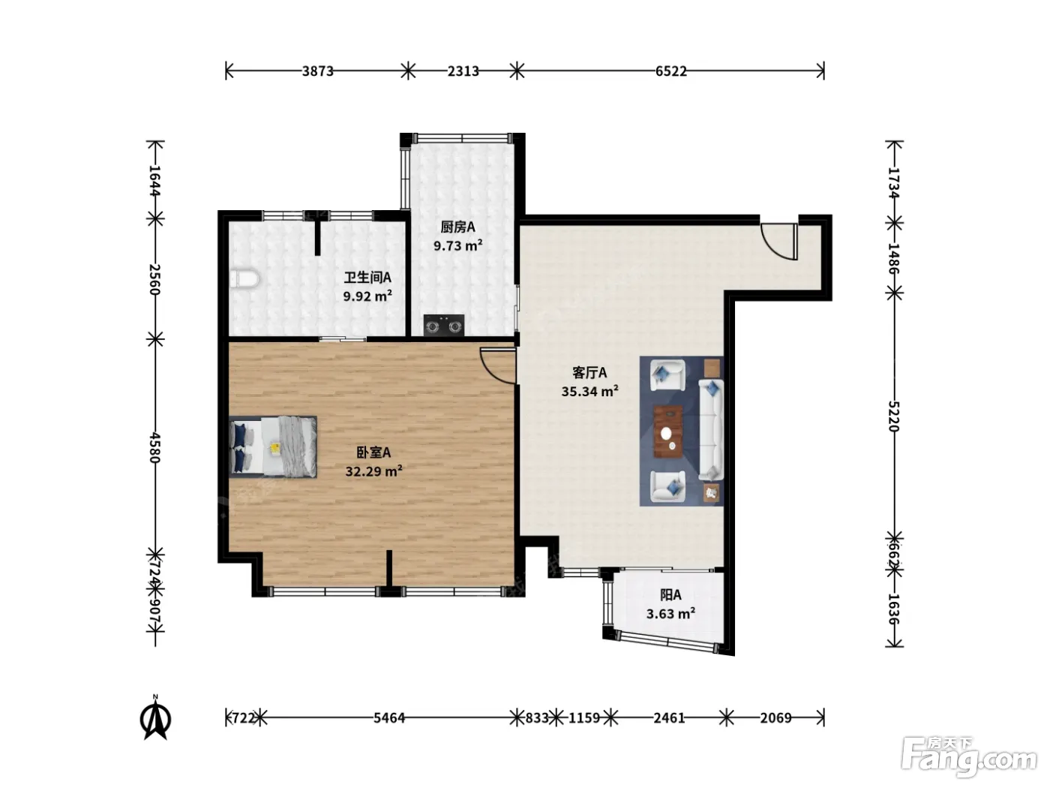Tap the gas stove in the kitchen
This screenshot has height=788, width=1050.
[x=443, y=326]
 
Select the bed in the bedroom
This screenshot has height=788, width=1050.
[x=273, y=447]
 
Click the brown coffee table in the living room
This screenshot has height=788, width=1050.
[x=667, y=431]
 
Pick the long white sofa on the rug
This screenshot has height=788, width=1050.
[x=711, y=429]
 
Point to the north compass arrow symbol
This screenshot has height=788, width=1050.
[x=155, y=718]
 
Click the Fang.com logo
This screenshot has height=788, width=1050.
[x=969, y=757]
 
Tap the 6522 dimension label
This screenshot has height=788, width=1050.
[x=670, y=71]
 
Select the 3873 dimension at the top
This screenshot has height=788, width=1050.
[x=318, y=71]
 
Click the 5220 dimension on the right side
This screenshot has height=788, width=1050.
[x=893, y=416]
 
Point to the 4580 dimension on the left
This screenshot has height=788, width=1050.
[x=154, y=447]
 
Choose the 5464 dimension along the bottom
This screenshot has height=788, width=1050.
[x=389, y=717]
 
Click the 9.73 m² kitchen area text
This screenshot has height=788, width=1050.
[x=457, y=245]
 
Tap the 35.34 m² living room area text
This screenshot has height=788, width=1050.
[x=589, y=391]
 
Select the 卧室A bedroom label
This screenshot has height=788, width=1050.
[x=373, y=452]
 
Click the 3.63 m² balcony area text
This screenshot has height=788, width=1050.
[x=670, y=613]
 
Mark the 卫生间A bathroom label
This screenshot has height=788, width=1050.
[x=367, y=277]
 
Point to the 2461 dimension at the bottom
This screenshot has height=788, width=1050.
[x=669, y=717]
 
